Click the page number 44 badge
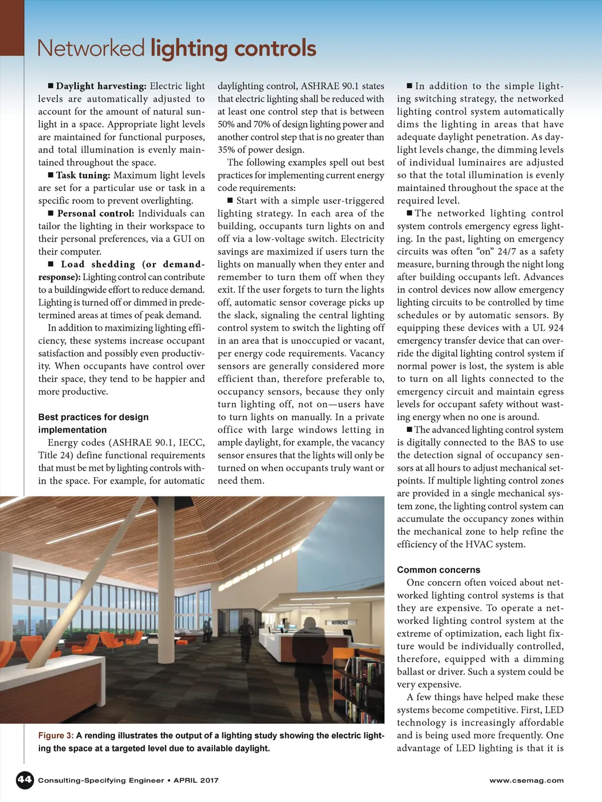(25, 780)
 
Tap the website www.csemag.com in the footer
(526, 780)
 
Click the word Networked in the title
(91, 48)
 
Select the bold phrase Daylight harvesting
(101, 86)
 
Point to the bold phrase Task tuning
(83, 175)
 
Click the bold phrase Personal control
(96, 213)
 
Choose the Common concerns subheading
(438, 569)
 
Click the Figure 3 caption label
(56, 736)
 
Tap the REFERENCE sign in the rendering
(339, 623)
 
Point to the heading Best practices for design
(93, 417)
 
